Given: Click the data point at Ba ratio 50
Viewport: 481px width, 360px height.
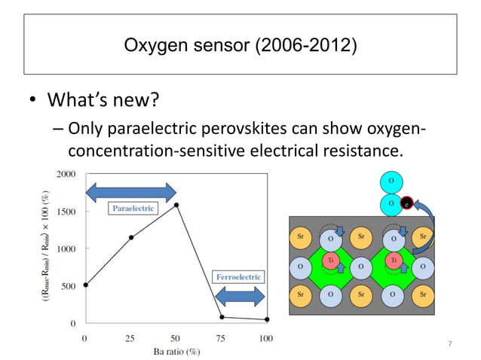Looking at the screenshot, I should [x=176, y=205].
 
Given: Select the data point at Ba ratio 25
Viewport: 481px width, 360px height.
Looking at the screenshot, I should [x=131, y=237].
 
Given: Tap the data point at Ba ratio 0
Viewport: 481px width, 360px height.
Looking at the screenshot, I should [x=85, y=285].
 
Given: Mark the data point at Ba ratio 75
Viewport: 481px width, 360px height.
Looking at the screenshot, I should [x=222, y=317].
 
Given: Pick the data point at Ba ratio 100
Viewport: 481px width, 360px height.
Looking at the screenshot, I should [x=267, y=319].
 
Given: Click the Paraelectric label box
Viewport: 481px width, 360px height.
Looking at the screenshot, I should [x=133, y=208].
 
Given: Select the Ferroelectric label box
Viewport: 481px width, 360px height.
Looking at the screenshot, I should [x=238, y=277].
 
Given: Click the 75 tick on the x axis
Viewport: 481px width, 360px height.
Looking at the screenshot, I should [x=222, y=337].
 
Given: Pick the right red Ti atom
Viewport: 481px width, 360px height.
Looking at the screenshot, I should [x=393, y=260].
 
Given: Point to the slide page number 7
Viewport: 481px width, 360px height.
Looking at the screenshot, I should [x=450, y=344].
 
